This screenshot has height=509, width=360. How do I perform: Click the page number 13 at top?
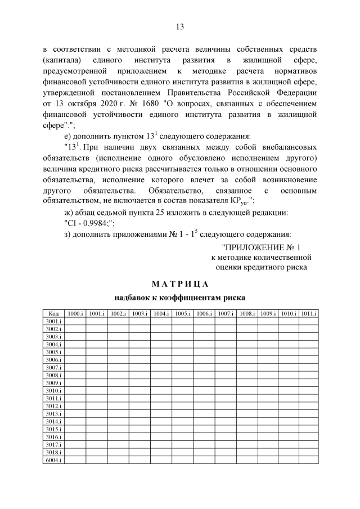coord(180,26)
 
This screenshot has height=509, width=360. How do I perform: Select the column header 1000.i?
coord(75,313)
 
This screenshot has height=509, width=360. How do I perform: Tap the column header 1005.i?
coord(182,313)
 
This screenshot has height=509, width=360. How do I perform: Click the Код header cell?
coord(53,313)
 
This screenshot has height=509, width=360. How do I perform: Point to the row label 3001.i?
coord(53,321)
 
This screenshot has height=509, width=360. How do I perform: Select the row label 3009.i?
coord(53,382)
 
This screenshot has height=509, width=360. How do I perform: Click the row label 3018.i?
coord(53,452)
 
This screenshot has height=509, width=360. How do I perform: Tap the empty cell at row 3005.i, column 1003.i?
coord(139,352)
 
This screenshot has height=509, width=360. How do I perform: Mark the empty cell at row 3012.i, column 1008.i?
coord(246,406)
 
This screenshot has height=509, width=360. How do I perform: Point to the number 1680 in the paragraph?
coord(143,104)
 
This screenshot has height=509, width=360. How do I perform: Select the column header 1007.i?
coord(226,313)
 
